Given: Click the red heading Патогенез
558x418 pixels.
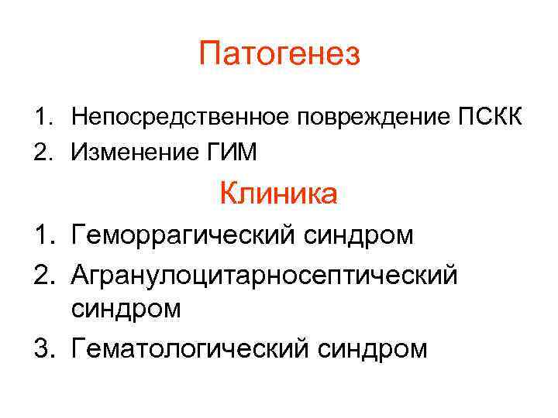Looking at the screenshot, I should (279, 55).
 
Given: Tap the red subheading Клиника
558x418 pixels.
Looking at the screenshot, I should (278, 193).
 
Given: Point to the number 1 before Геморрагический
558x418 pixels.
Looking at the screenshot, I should (40, 235).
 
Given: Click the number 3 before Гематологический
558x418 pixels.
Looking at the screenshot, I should (40, 348).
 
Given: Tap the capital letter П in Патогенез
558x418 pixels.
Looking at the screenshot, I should (210, 55).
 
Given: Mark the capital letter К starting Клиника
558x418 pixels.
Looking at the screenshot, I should (229, 193).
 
